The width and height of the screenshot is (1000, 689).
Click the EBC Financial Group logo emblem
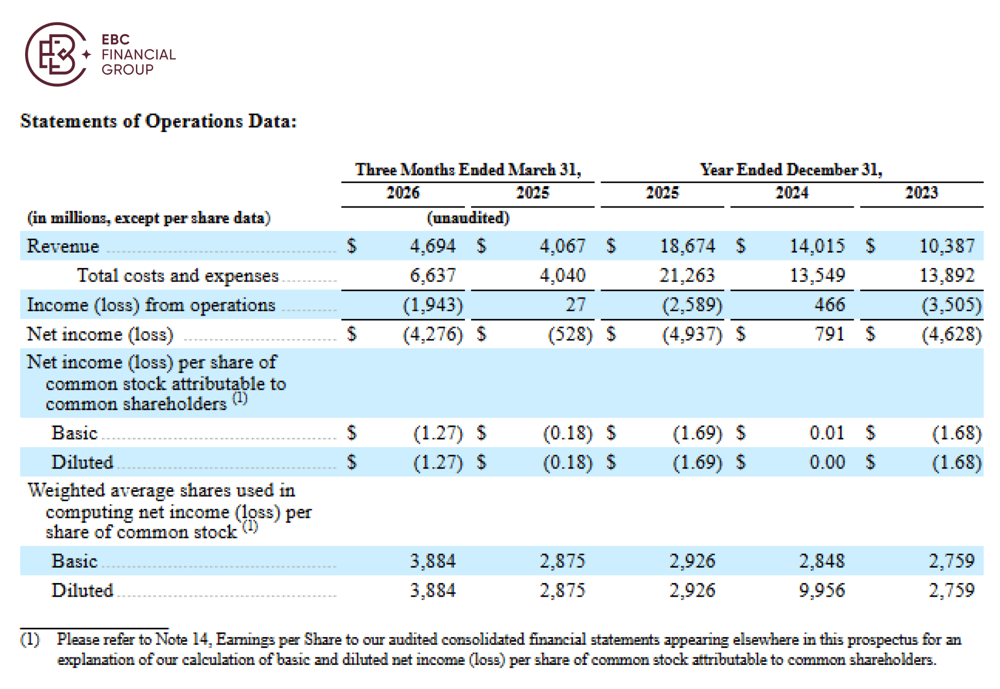point(57,54)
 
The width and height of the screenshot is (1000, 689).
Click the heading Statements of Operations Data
point(158,121)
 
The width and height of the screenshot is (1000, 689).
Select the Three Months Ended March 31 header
point(468,170)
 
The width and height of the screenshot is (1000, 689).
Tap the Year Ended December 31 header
point(791,170)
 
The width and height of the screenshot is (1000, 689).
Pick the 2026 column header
point(403,193)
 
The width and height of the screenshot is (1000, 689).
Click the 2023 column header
point(921,193)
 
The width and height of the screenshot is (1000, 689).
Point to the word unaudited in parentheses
point(468,218)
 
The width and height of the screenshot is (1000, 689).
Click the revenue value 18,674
point(687,246)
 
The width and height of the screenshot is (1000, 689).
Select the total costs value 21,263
point(687,275)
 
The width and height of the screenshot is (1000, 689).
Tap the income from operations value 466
point(830,305)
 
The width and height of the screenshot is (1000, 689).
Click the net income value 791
point(830,334)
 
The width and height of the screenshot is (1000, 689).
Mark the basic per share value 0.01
point(827,433)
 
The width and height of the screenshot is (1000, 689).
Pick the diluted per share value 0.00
point(827,462)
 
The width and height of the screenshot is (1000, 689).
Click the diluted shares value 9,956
point(822,590)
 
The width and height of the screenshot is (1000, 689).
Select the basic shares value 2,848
point(822,561)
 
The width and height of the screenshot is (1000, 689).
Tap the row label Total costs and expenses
point(178,276)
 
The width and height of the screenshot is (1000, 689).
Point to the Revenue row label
point(63,246)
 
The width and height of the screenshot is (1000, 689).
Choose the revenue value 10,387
point(947,246)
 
